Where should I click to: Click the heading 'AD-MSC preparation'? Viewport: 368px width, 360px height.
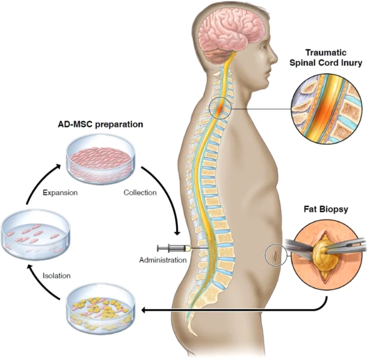100,124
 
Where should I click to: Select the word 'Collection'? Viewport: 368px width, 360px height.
140,192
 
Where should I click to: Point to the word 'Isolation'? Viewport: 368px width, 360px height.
56,276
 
